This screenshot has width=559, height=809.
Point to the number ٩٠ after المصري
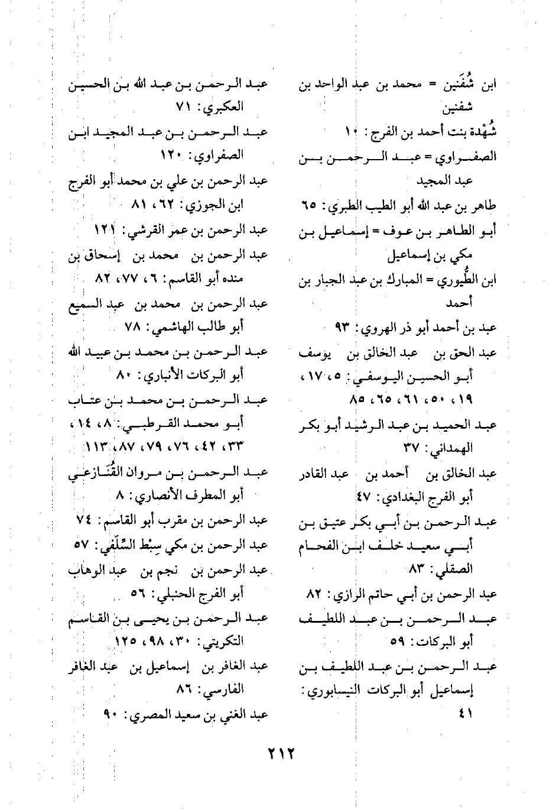(x=112, y=714)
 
